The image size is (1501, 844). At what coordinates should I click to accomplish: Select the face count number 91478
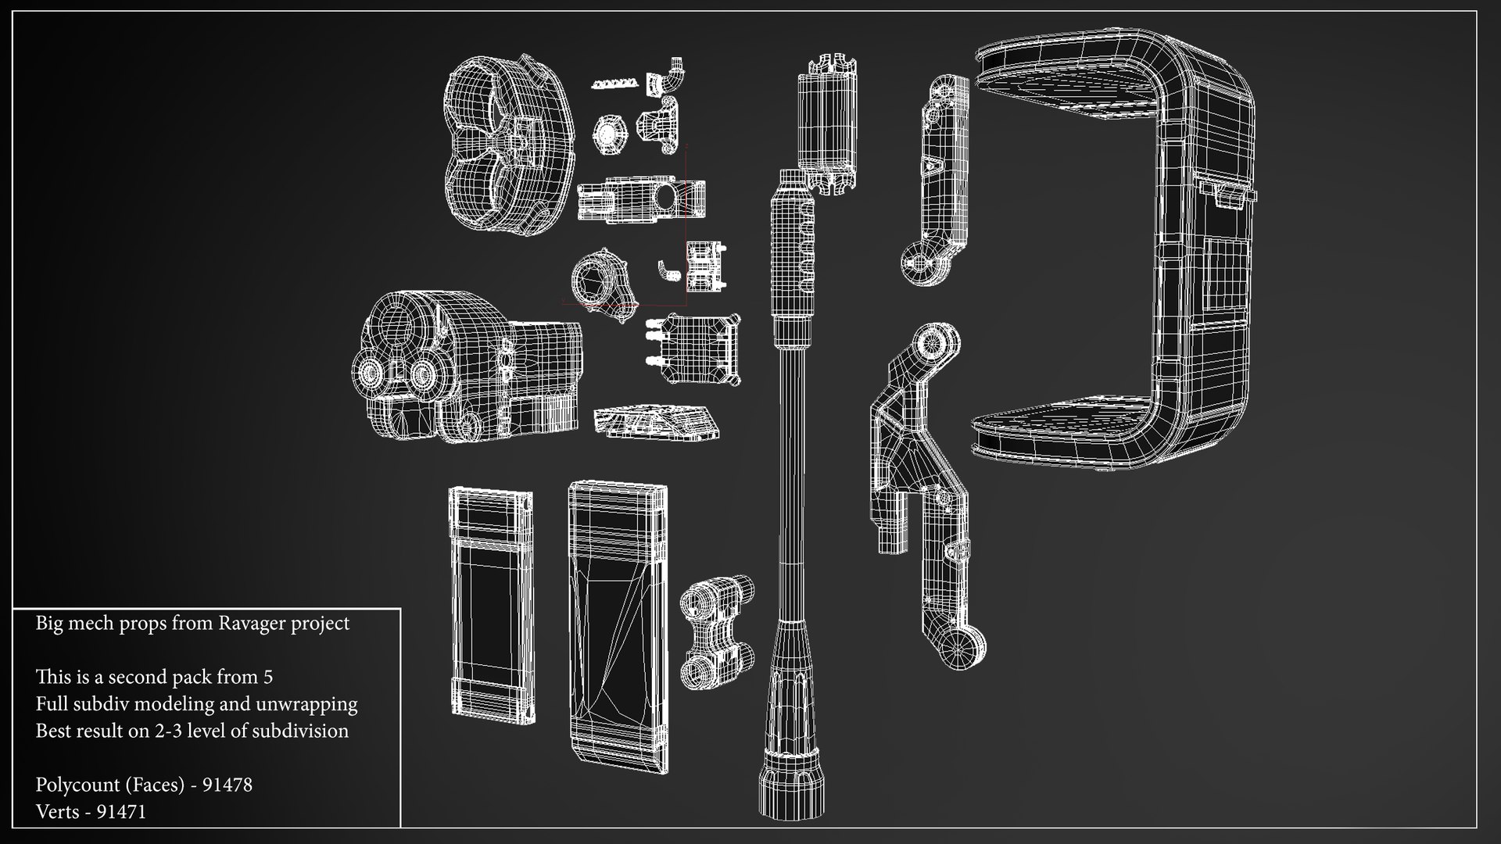tap(227, 785)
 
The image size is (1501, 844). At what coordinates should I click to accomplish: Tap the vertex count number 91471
tap(121, 812)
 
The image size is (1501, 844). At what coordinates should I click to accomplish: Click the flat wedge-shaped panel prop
tap(655, 420)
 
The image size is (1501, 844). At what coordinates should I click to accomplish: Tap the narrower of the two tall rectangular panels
tap(491, 603)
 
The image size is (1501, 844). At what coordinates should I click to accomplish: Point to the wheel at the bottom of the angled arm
tap(962, 648)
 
